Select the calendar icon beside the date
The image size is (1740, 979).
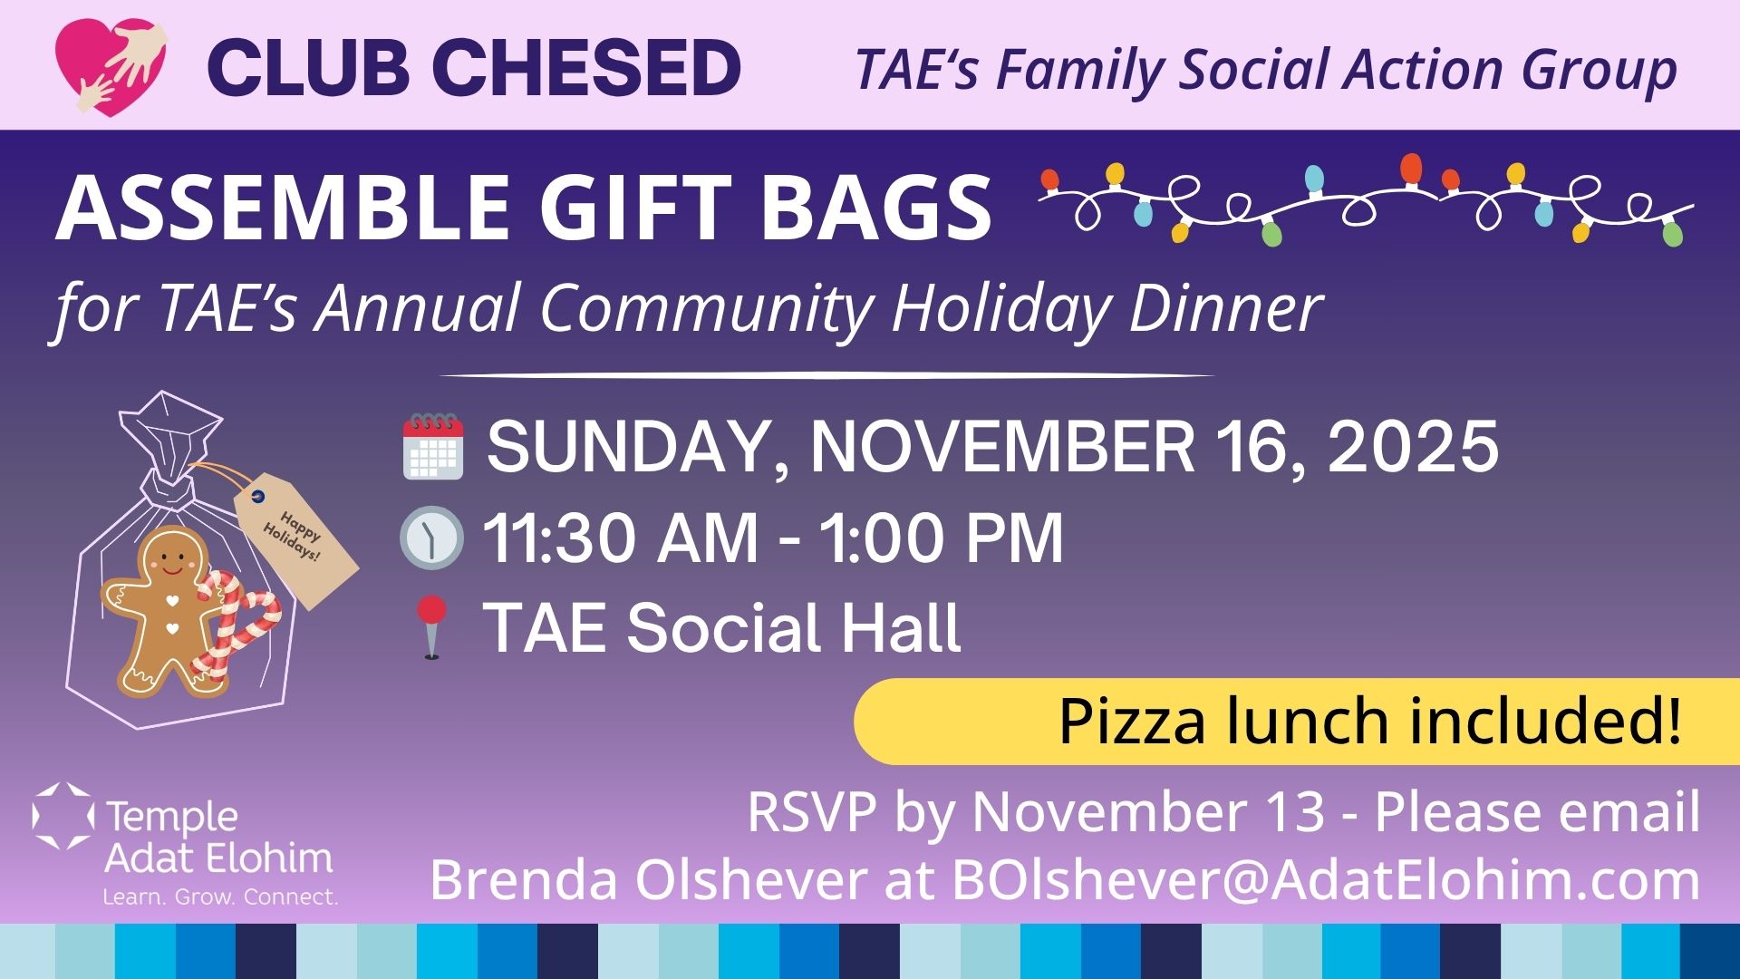433,446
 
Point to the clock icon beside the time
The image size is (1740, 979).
431,538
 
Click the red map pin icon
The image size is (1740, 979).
431,625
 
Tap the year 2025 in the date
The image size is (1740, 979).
1413,446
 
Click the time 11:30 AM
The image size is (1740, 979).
620,538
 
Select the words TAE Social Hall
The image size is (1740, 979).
722,626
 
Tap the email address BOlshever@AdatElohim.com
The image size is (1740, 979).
1326,879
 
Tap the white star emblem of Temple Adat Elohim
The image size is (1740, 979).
63,816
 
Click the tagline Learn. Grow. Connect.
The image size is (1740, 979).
220,897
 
